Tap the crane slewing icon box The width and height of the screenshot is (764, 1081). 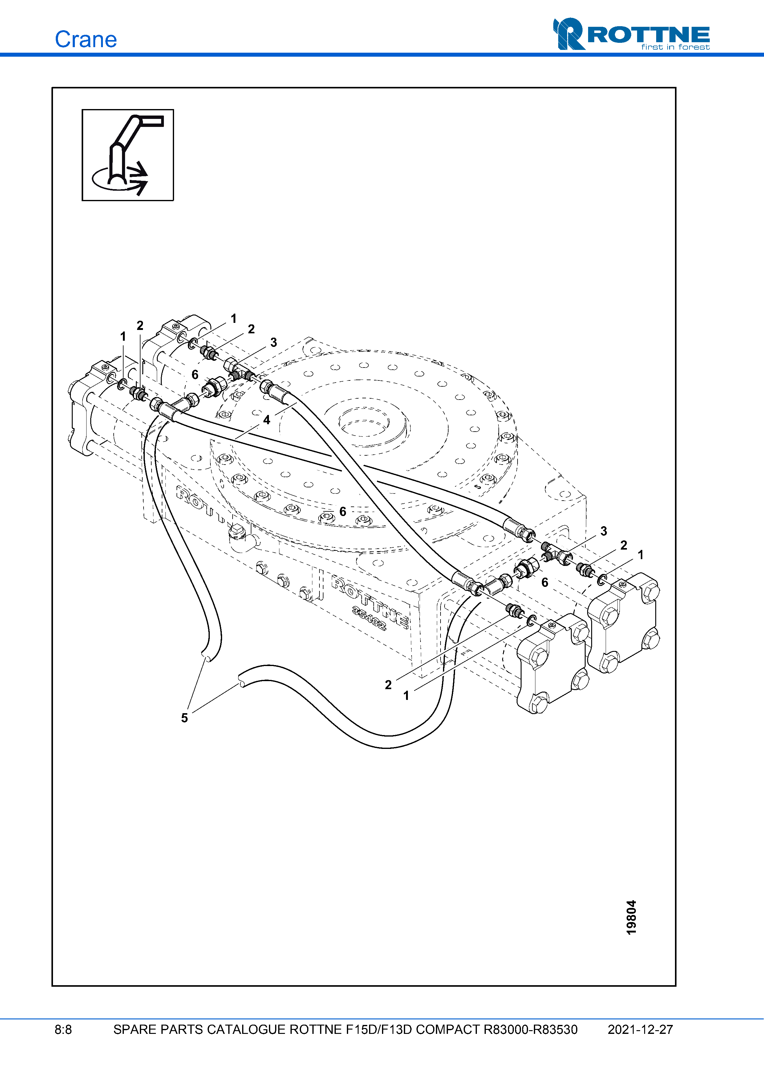tap(128, 155)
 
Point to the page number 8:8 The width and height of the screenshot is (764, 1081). tap(63, 1030)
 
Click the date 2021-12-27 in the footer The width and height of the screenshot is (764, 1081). tap(640, 1030)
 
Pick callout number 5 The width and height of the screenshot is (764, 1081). tap(185, 718)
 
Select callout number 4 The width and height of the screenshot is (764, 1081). tap(266, 420)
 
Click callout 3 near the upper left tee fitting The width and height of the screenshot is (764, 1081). tap(274, 342)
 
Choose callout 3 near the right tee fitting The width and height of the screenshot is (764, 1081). tap(603, 531)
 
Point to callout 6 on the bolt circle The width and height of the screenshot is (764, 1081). tap(343, 511)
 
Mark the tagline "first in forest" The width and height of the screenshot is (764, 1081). tap(675, 47)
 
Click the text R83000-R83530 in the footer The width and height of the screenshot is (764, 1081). tap(530, 1030)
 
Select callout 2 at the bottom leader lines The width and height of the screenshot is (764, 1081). tap(388, 685)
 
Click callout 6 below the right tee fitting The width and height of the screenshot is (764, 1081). tap(545, 583)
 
